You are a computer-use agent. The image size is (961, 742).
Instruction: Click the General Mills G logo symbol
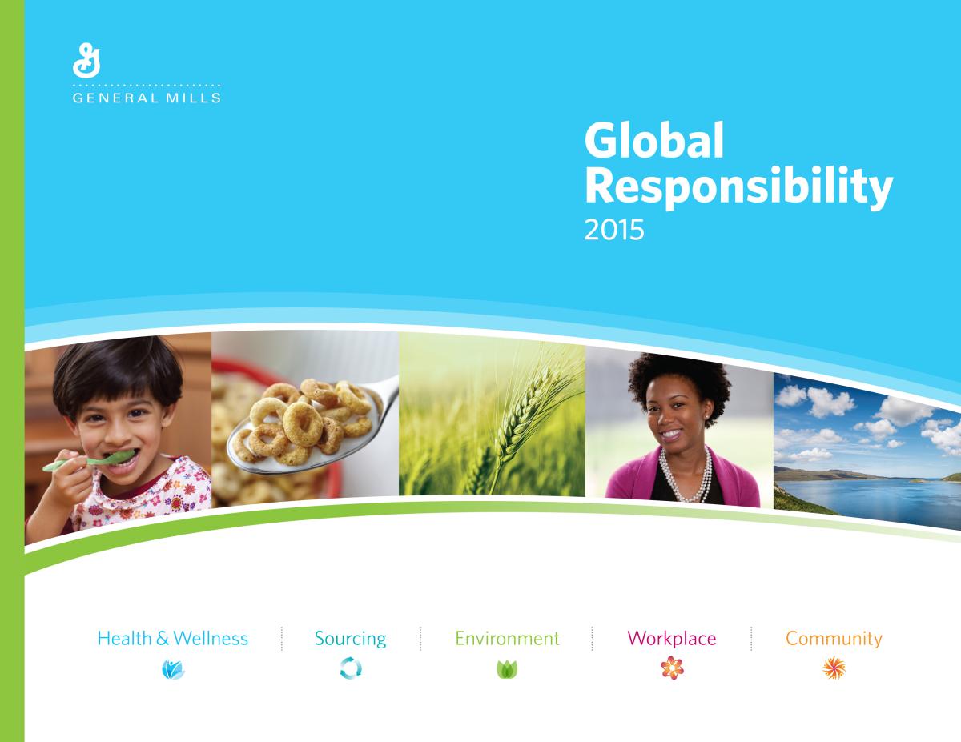click(86, 61)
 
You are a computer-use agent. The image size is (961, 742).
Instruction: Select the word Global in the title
click(654, 141)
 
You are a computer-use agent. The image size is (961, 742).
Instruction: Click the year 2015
click(613, 230)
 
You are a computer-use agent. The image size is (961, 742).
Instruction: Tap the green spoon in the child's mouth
click(88, 461)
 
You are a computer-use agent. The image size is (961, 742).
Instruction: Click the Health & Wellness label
click(172, 639)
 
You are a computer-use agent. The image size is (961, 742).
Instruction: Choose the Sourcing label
click(350, 640)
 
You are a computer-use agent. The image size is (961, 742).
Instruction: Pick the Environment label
click(507, 639)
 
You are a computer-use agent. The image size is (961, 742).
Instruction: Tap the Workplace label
click(671, 640)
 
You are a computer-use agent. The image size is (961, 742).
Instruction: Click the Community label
click(834, 640)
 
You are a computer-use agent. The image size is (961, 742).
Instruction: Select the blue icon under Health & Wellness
click(173, 669)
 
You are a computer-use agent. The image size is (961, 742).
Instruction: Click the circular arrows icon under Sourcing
click(351, 668)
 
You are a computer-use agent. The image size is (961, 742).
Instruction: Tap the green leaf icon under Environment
click(507, 669)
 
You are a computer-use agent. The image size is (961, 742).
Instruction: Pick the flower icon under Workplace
click(672, 668)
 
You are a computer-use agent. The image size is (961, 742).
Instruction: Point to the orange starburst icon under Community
click(834, 668)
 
